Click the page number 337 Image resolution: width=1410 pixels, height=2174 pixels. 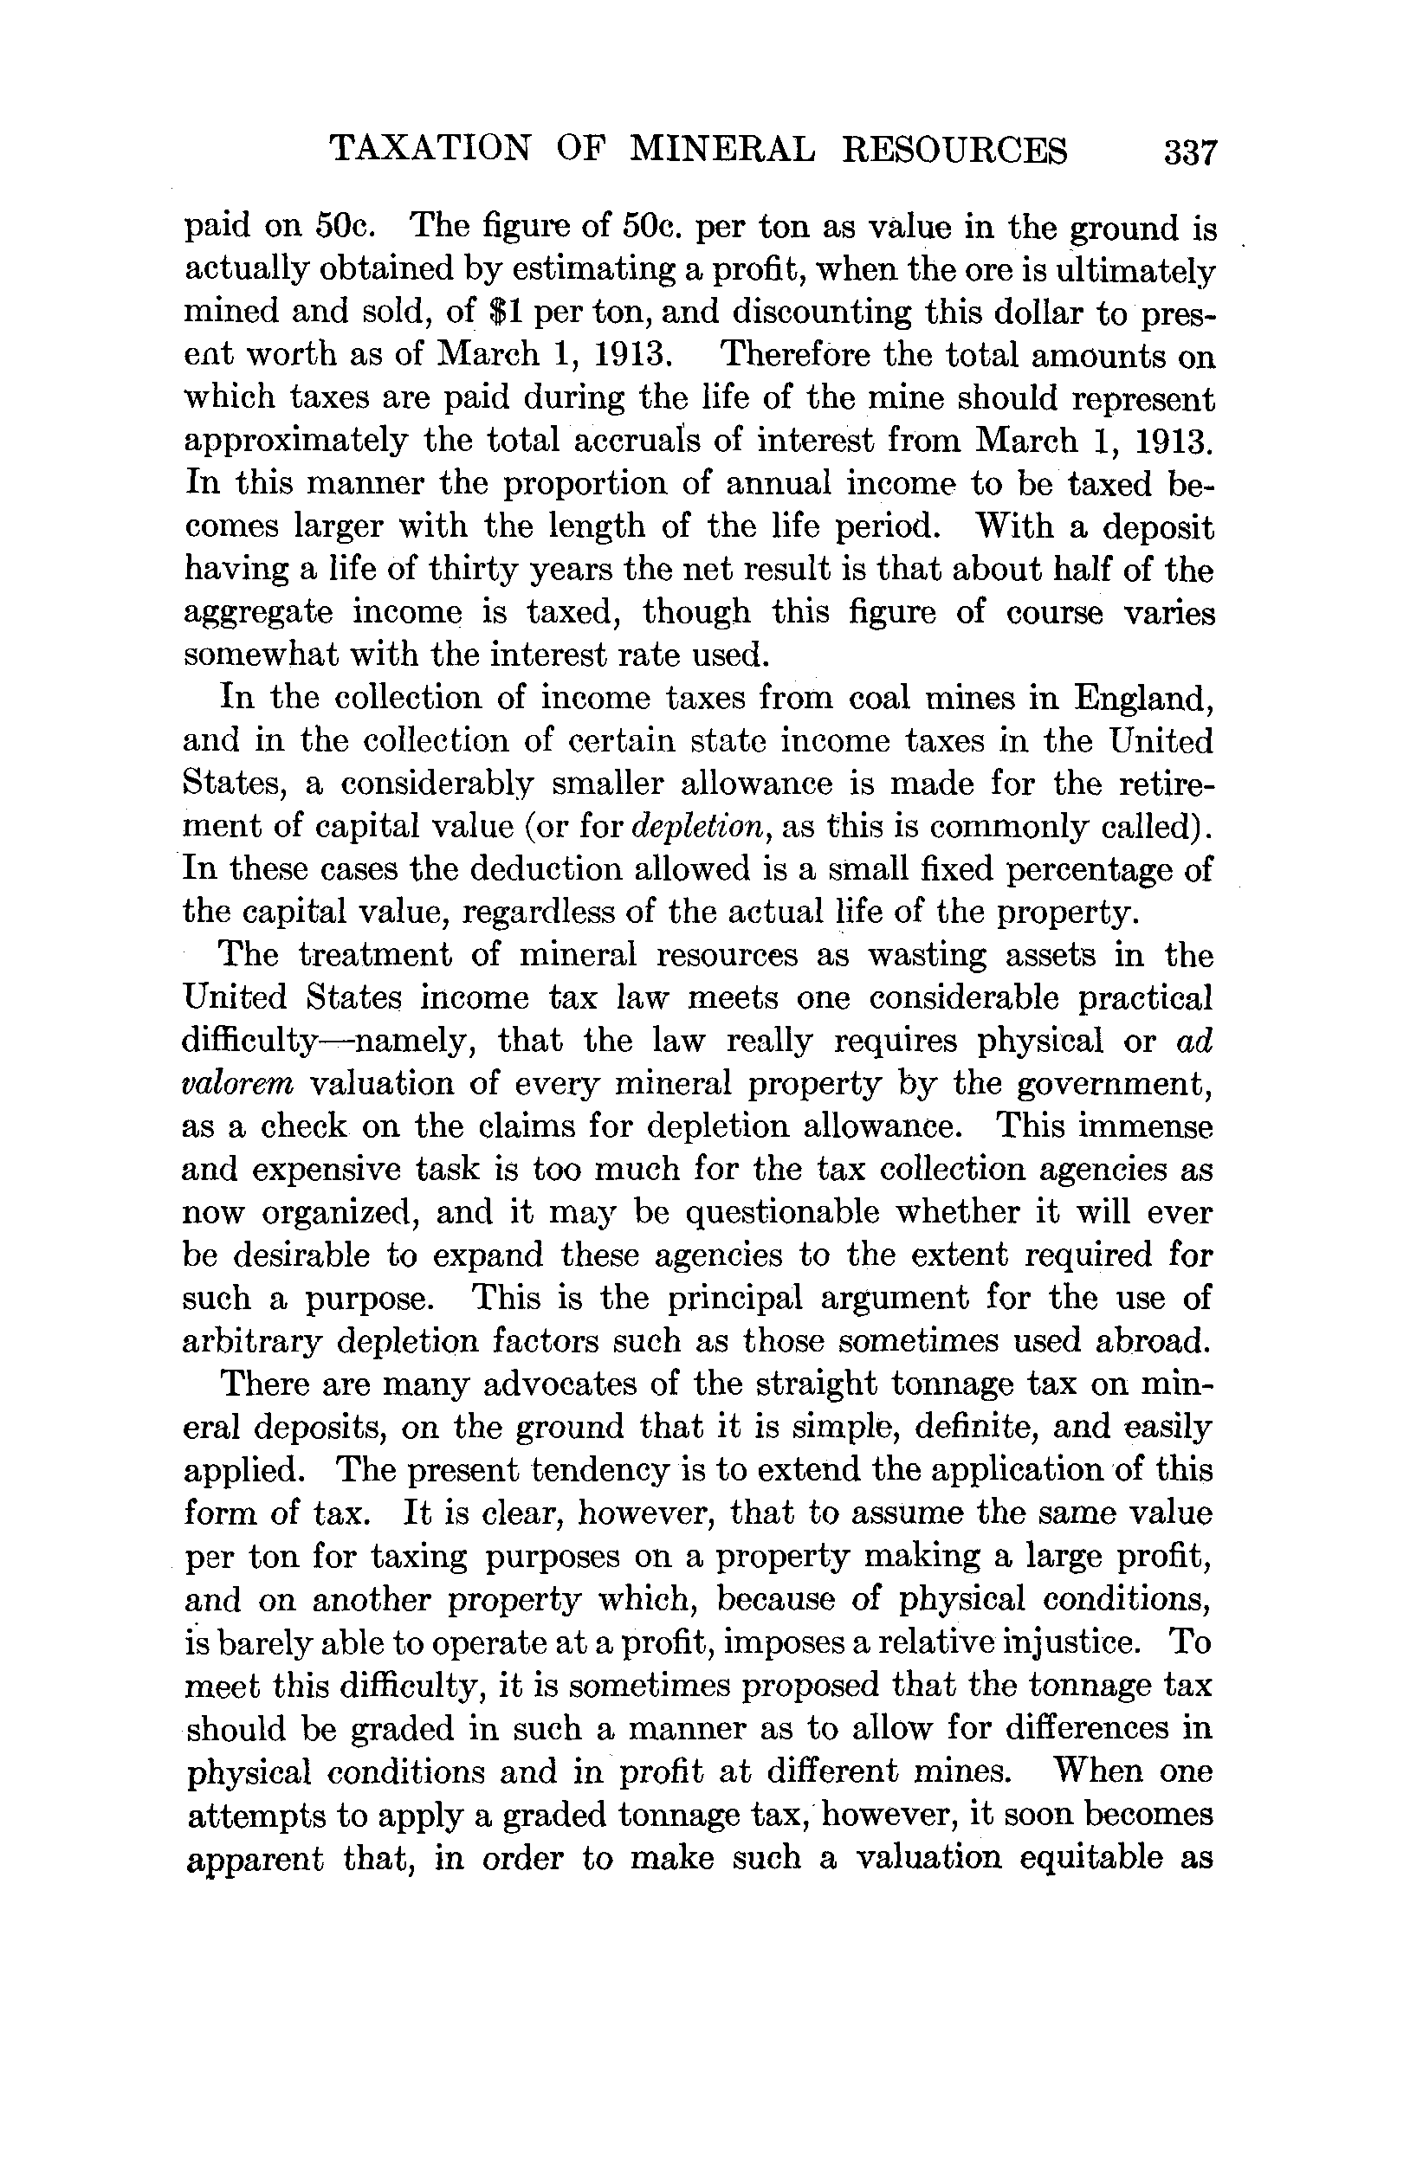click(x=1191, y=152)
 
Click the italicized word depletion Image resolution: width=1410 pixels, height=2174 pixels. click(x=698, y=827)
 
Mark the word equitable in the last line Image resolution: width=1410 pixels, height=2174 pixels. click(x=1096, y=1857)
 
